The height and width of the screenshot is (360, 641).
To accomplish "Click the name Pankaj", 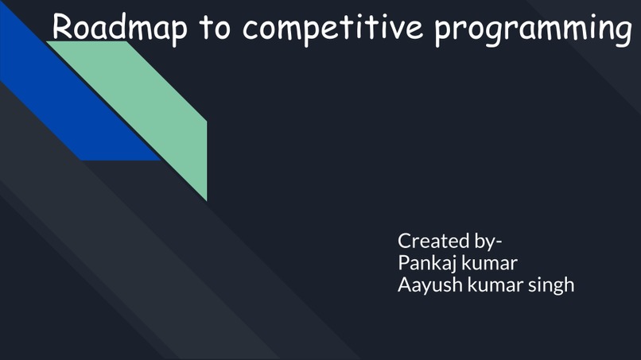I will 425,262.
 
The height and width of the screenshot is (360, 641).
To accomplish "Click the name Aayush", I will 426,285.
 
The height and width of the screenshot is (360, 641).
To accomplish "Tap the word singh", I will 551,285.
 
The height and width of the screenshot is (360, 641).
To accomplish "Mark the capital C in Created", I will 405,240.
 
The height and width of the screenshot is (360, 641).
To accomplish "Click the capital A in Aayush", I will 404,284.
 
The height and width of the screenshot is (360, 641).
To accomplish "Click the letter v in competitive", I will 401,28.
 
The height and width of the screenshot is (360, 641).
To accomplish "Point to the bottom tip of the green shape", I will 206,199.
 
